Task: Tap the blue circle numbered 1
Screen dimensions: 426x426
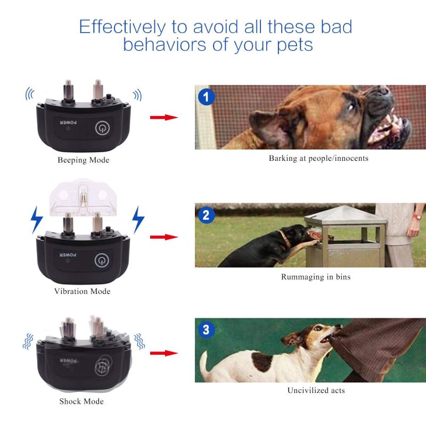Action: coord(207,97)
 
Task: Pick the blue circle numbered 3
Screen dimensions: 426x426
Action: coord(207,330)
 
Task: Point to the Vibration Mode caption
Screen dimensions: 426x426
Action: coord(82,291)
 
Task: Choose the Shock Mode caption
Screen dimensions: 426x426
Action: coord(81,401)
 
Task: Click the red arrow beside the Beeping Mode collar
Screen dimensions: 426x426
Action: coord(163,117)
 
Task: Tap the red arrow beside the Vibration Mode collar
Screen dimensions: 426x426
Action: coord(163,236)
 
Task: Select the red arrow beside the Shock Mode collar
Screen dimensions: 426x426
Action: coord(163,353)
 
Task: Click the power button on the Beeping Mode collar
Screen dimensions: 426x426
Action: coord(102,128)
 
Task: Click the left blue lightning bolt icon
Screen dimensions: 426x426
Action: coord(36,219)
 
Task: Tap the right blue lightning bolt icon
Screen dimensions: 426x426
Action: coord(138,219)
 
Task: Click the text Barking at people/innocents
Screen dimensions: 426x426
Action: coord(318,158)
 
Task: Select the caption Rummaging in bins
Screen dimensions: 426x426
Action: coord(316,277)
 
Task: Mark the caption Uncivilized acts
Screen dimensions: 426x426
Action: coord(316,390)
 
